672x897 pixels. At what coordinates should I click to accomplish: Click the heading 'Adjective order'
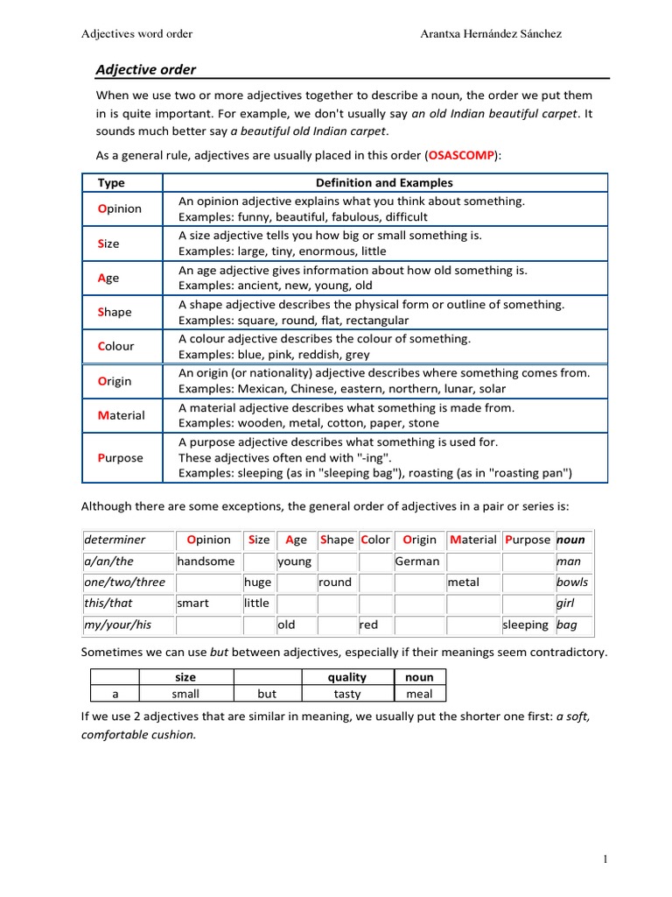145,69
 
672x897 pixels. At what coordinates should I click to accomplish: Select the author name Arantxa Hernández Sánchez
491,34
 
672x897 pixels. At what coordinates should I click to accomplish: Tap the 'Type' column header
111,183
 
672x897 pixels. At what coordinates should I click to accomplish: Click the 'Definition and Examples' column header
384,183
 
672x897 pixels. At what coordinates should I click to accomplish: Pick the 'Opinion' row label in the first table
119,208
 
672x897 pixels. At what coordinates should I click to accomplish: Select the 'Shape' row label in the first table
115,312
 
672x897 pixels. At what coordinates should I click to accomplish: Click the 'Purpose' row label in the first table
120,457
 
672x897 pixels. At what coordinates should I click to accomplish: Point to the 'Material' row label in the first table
121,415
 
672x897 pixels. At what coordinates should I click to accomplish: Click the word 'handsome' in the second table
206,561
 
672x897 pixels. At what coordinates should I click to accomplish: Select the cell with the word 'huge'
257,582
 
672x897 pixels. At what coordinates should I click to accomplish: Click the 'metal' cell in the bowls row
463,582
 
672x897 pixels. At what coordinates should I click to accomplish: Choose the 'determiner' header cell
115,540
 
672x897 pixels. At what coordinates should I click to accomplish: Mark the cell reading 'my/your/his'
118,625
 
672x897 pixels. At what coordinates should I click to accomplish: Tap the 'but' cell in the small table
267,693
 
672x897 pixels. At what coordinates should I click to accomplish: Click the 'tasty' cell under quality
347,693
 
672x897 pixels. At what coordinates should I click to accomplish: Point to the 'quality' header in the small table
347,677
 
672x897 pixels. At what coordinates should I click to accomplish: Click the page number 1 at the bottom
605,859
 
